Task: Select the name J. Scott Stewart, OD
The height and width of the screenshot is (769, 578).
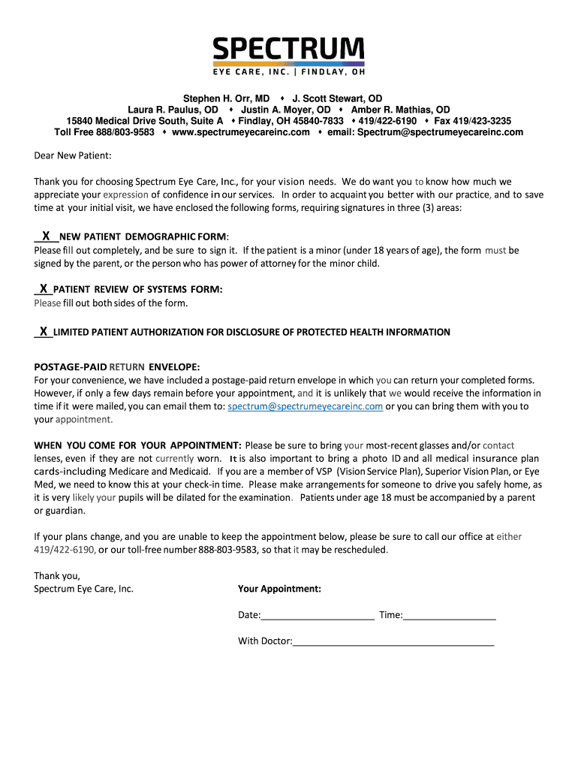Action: click(x=337, y=98)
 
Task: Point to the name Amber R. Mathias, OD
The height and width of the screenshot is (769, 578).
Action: click(x=401, y=110)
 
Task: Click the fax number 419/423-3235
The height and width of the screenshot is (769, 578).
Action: click(x=473, y=121)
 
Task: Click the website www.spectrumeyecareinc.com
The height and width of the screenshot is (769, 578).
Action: click(x=240, y=132)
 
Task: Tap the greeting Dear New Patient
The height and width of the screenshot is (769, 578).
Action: click(x=72, y=155)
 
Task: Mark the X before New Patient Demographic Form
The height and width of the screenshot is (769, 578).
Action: click(x=46, y=235)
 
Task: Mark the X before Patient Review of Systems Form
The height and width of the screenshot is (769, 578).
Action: click(x=44, y=288)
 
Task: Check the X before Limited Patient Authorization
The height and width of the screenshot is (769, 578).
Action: click(x=44, y=331)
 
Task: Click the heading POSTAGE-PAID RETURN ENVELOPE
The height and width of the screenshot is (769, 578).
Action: click(x=116, y=367)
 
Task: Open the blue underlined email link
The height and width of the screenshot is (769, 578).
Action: click(x=305, y=406)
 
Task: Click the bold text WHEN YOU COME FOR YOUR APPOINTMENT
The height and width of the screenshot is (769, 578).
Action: click(x=137, y=445)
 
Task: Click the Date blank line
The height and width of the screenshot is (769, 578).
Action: click(x=318, y=616)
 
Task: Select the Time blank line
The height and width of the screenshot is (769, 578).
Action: click(x=450, y=616)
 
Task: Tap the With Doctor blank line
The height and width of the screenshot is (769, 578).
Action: click(x=393, y=642)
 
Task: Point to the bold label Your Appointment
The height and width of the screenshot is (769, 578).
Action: click(x=279, y=589)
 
